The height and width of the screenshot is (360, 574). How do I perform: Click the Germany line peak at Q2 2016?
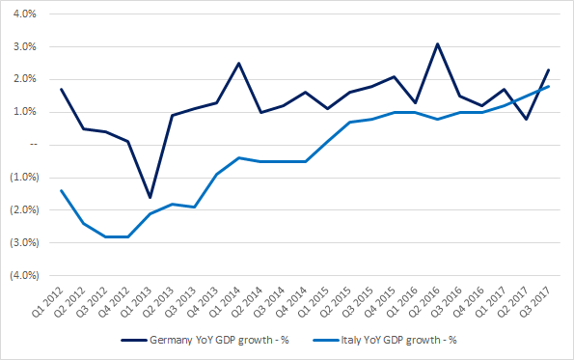click(x=437, y=44)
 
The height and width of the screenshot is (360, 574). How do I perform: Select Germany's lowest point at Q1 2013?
click(x=150, y=198)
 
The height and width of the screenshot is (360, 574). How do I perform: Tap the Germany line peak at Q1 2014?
click(x=238, y=64)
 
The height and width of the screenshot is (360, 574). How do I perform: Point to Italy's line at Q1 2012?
click(x=61, y=190)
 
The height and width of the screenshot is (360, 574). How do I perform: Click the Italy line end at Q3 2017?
click(x=549, y=87)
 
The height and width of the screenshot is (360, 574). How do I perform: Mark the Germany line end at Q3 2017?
click(x=549, y=69)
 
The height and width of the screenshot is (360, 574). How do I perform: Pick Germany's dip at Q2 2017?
click(x=526, y=120)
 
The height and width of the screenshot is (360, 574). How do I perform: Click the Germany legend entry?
click(x=205, y=341)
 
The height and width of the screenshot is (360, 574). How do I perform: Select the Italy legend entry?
click(x=385, y=341)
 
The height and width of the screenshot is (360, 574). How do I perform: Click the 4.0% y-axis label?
click(x=24, y=14)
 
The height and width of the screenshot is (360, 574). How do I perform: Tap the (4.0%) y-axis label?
click(x=24, y=275)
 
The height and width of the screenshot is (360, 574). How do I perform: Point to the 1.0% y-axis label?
click(x=24, y=112)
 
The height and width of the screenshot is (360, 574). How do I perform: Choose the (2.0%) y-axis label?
click(x=24, y=209)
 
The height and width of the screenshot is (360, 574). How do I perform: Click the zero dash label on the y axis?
click(x=34, y=145)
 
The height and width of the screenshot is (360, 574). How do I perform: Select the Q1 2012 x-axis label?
click(x=47, y=302)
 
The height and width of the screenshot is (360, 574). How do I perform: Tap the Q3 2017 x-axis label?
click(x=535, y=302)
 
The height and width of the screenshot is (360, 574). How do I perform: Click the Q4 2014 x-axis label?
click(x=291, y=302)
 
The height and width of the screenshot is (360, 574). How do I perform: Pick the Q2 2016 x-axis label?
click(x=424, y=302)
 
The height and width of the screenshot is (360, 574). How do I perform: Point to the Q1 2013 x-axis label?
click(x=136, y=302)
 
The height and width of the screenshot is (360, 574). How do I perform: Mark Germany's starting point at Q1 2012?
click(x=61, y=89)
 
